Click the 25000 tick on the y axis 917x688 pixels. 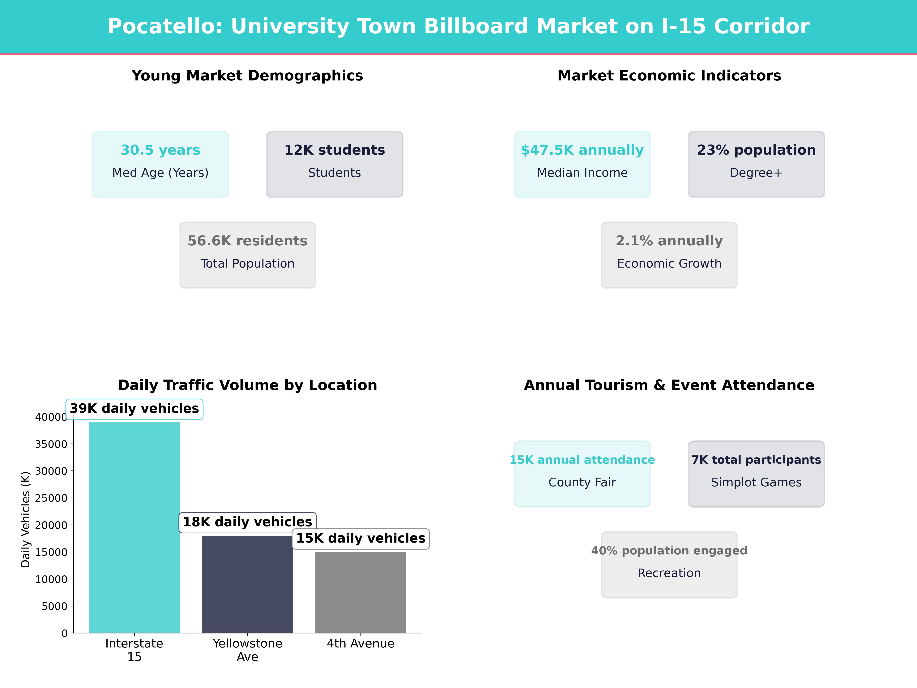[x=51, y=498]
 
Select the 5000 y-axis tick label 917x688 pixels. [x=54, y=606]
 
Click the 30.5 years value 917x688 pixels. [x=160, y=150]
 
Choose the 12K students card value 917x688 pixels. [x=335, y=150]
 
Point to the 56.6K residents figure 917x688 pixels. [x=247, y=241]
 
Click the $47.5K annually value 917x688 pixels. [x=582, y=150]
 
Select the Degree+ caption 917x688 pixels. [x=756, y=173]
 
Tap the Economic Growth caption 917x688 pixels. [x=669, y=264]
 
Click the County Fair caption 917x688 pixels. [x=582, y=482]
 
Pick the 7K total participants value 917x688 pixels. [x=756, y=460]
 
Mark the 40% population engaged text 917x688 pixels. [x=669, y=551]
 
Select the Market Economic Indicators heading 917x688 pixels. [x=669, y=76]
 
